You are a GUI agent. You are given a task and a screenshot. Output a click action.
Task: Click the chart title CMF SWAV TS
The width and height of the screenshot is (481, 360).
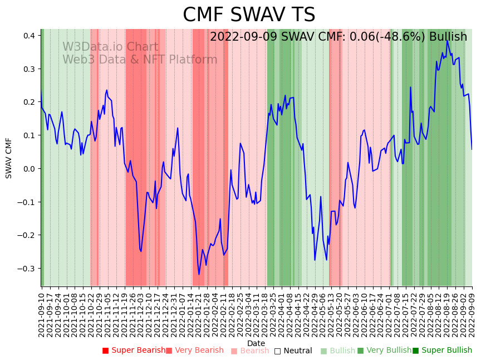point(249,15)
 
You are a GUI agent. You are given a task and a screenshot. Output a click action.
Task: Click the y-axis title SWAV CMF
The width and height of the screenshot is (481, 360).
point(9,158)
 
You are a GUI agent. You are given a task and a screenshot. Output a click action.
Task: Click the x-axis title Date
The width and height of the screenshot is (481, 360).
point(256,343)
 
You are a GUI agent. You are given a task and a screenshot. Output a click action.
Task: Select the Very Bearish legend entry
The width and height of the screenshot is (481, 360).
point(194,351)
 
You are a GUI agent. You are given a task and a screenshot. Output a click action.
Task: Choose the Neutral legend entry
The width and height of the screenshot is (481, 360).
point(293,351)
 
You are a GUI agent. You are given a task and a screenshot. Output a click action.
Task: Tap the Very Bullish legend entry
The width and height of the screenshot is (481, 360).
point(384,351)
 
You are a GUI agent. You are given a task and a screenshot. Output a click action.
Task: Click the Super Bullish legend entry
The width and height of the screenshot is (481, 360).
point(442,351)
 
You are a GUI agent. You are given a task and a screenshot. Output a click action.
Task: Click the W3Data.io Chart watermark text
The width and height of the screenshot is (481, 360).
point(110,47)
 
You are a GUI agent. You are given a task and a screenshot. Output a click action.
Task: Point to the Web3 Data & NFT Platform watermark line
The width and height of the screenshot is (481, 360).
point(140,60)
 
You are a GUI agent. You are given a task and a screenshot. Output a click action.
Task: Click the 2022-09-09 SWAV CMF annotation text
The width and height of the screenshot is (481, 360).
point(338,37)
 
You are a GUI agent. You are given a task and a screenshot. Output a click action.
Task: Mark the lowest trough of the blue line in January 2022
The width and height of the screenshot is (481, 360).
point(199,274)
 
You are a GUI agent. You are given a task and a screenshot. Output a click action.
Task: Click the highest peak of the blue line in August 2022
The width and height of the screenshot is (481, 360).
point(447,41)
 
